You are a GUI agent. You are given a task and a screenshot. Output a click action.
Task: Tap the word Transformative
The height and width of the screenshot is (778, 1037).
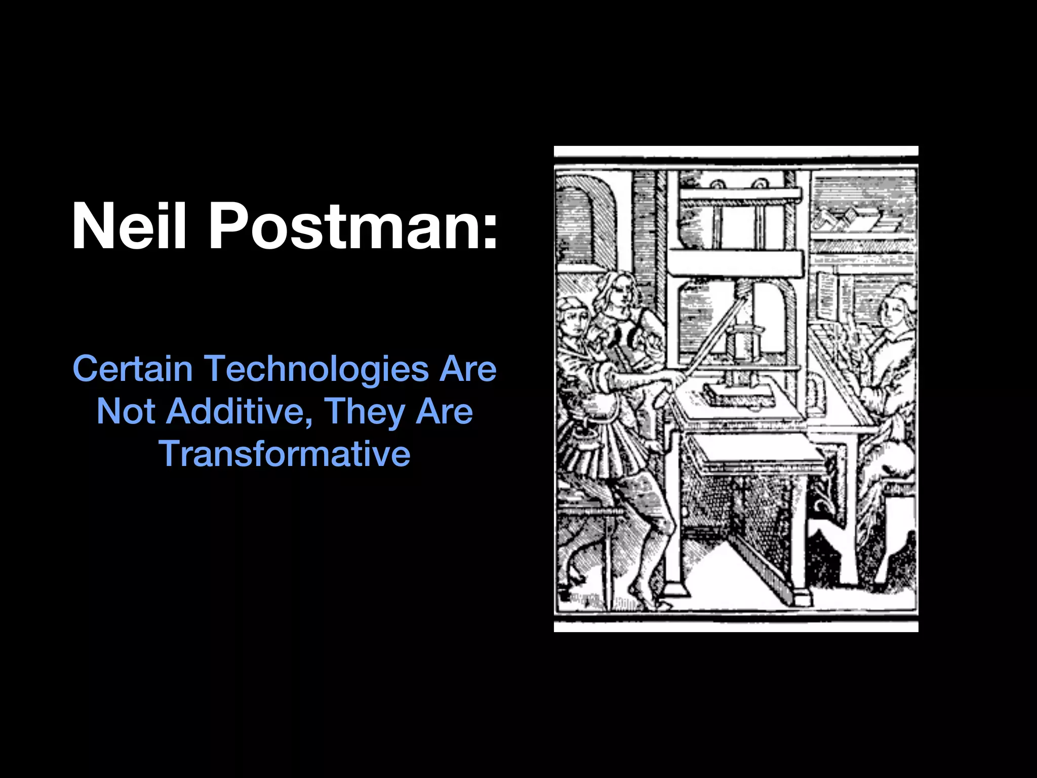[285, 453]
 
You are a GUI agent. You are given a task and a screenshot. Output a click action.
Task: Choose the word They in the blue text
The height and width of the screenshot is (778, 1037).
[368, 412]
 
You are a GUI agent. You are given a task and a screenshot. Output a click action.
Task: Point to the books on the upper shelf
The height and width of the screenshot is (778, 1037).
[856, 220]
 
